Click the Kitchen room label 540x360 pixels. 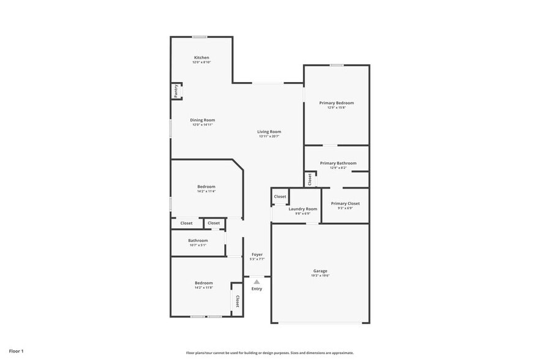[x=201, y=58]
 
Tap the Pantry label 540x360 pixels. [x=176, y=91]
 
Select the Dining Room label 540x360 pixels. [x=202, y=120]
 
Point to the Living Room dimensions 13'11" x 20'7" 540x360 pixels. [x=269, y=137]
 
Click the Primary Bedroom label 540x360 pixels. [x=336, y=103]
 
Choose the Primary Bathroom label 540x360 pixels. [x=338, y=163]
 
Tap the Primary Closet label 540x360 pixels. [x=345, y=203]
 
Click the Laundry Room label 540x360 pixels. [x=303, y=209]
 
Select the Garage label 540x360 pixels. [x=320, y=271]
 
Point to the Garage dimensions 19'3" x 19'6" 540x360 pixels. [x=320, y=276]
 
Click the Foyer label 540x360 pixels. [x=257, y=254]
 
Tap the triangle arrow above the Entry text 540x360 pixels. [x=257, y=282]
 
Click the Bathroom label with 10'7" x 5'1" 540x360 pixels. [x=198, y=241]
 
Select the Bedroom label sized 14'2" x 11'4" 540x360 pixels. [x=206, y=186]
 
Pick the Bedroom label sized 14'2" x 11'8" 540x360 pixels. [x=204, y=282]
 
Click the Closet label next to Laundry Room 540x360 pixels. [x=280, y=197]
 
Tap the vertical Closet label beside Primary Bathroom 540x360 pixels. [x=310, y=179]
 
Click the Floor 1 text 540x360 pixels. [x=16, y=351]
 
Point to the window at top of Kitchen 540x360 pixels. [x=199, y=37]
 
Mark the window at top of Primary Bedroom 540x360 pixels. [x=336, y=65]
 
